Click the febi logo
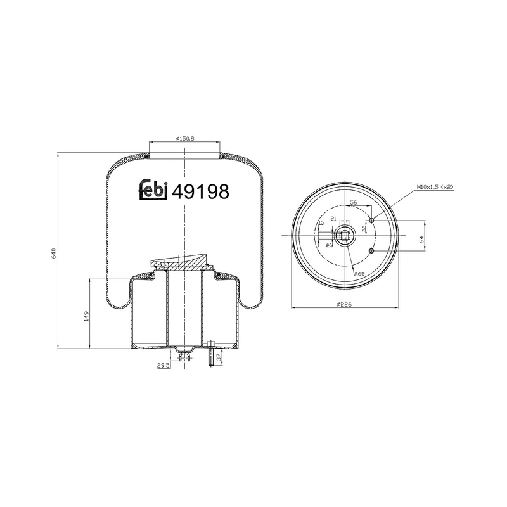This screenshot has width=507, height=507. (153, 190)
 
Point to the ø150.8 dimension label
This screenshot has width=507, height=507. (184, 139)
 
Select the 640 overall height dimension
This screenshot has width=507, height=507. (55, 252)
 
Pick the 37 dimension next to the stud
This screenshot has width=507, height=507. (220, 358)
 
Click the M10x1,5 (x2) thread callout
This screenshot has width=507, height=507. (436, 187)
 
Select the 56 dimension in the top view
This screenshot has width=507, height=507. (354, 202)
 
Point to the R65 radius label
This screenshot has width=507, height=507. (359, 273)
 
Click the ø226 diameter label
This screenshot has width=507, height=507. (344, 304)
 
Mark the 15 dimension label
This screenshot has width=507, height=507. (321, 224)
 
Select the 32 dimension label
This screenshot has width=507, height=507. (363, 228)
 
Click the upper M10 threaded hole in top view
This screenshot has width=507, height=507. (372, 219)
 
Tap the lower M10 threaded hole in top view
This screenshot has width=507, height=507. (372, 251)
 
